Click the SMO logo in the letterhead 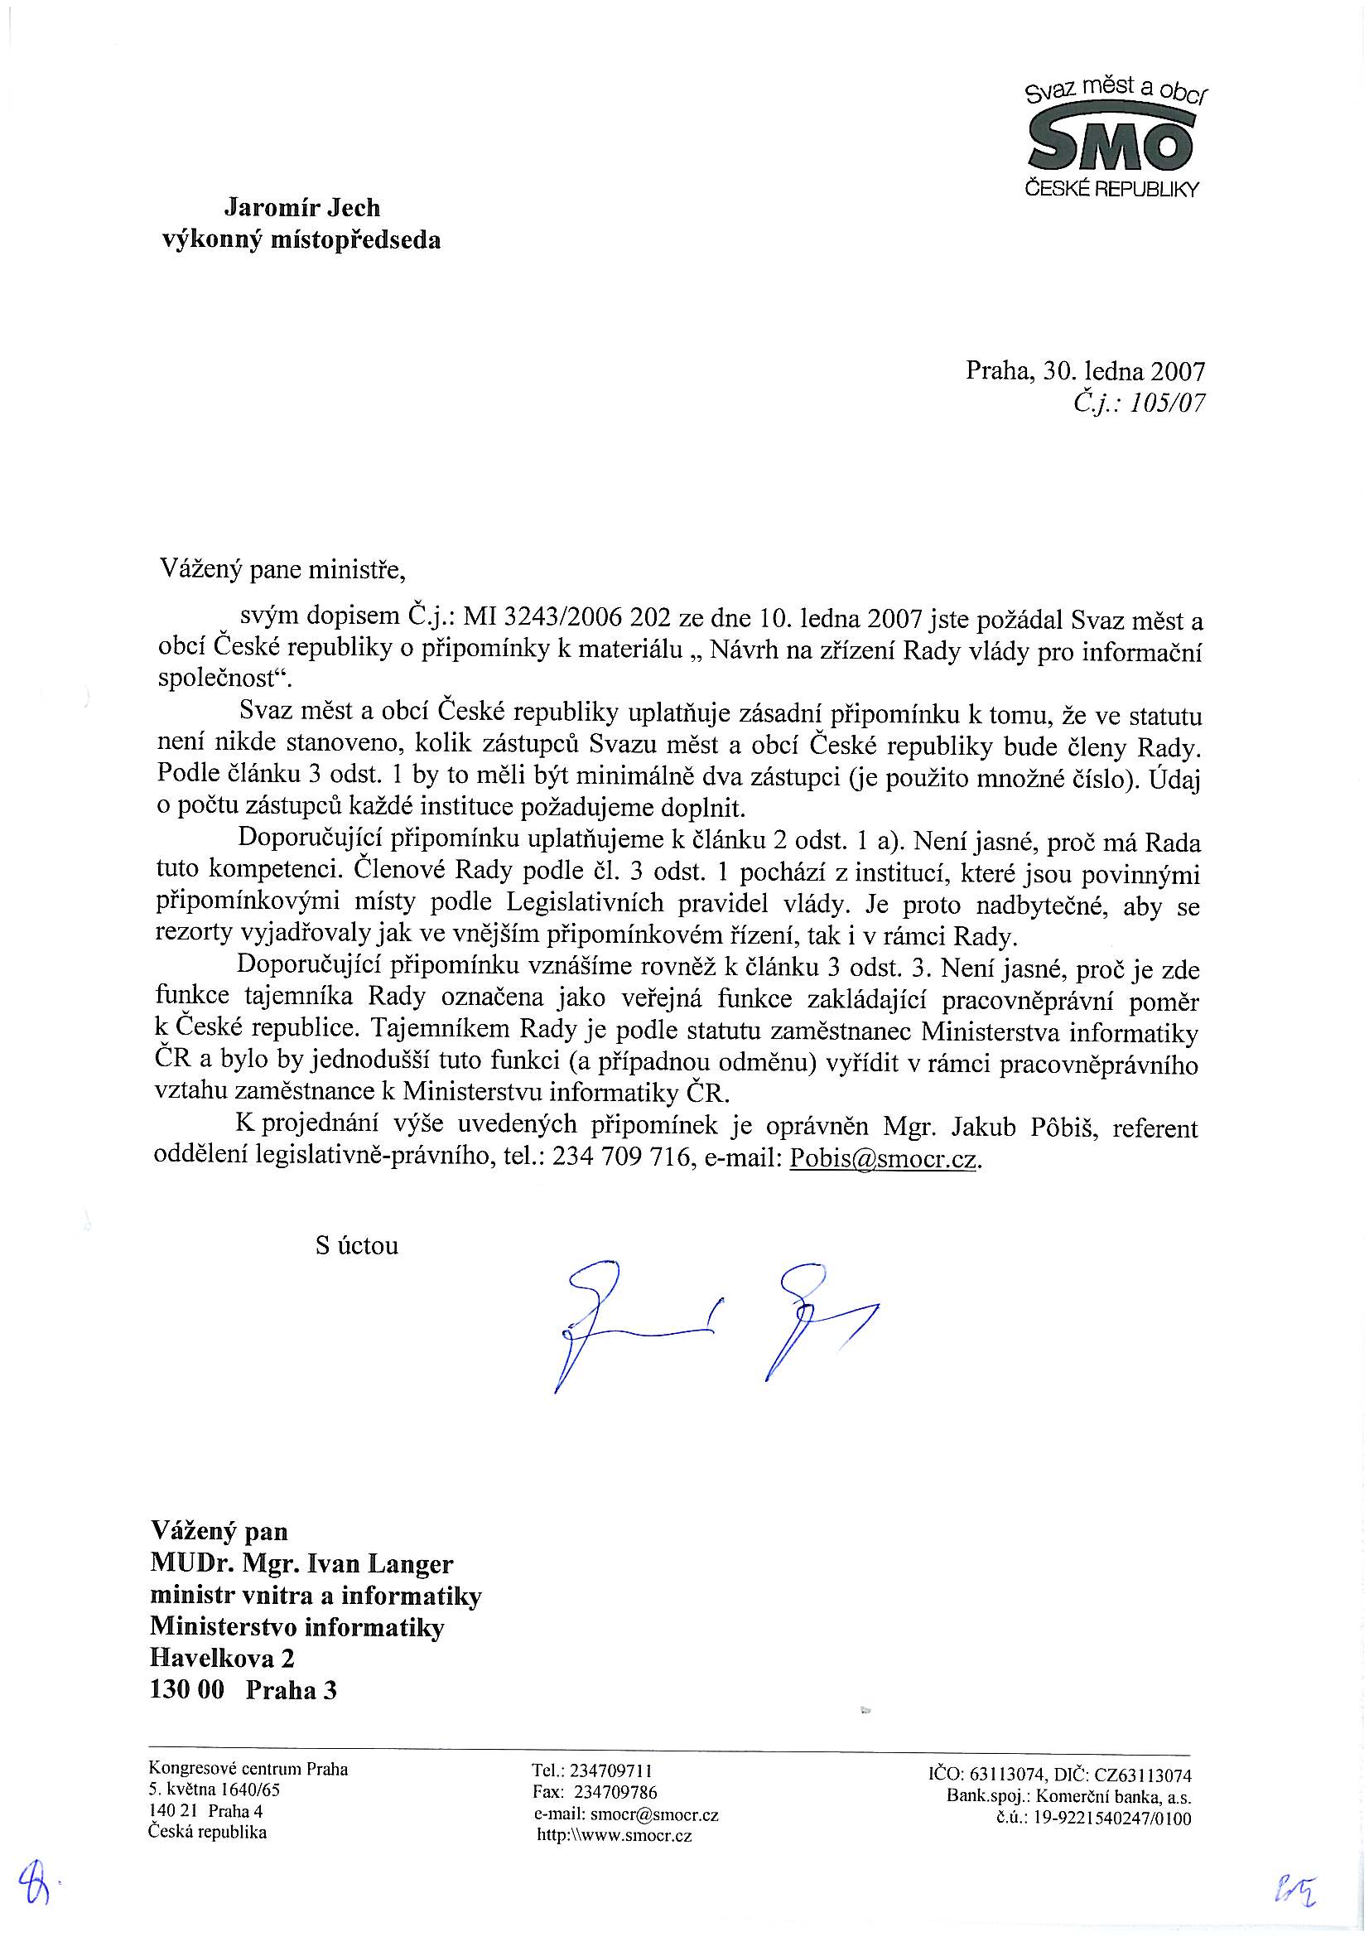1111,142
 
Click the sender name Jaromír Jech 301,207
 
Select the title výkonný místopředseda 301,241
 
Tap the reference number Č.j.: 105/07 1139,404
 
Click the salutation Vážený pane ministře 283,572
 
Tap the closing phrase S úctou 357,1246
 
